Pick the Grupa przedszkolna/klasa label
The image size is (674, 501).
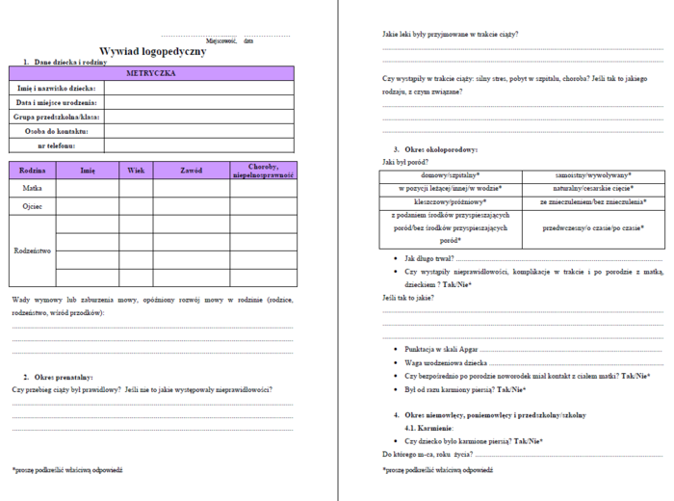point(57,117)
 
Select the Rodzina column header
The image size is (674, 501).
point(33,170)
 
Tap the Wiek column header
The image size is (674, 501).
point(136,170)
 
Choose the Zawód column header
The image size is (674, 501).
point(191,170)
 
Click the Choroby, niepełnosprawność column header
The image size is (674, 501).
point(263,171)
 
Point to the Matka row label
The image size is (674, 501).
point(33,188)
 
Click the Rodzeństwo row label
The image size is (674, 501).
point(33,250)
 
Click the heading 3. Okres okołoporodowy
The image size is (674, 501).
point(435,149)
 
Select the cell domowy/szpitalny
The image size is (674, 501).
point(451,175)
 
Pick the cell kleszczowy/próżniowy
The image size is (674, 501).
point(451,203)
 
